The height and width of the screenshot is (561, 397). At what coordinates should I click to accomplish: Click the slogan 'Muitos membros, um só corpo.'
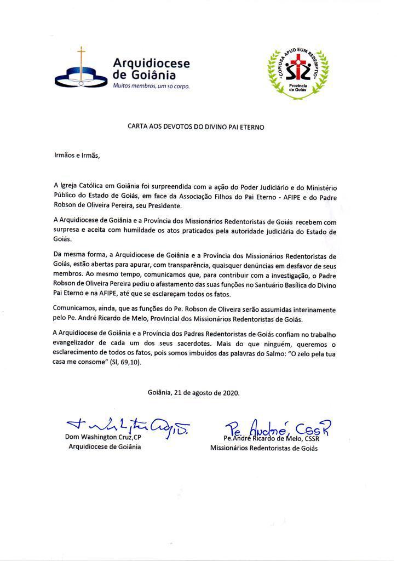[151, 87]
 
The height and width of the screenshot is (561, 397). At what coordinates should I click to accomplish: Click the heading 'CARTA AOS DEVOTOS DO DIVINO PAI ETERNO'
[196, 127]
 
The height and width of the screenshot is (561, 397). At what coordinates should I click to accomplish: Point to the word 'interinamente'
[311, 308]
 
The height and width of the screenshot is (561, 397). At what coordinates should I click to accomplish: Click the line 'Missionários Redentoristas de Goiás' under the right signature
[264, 448]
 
